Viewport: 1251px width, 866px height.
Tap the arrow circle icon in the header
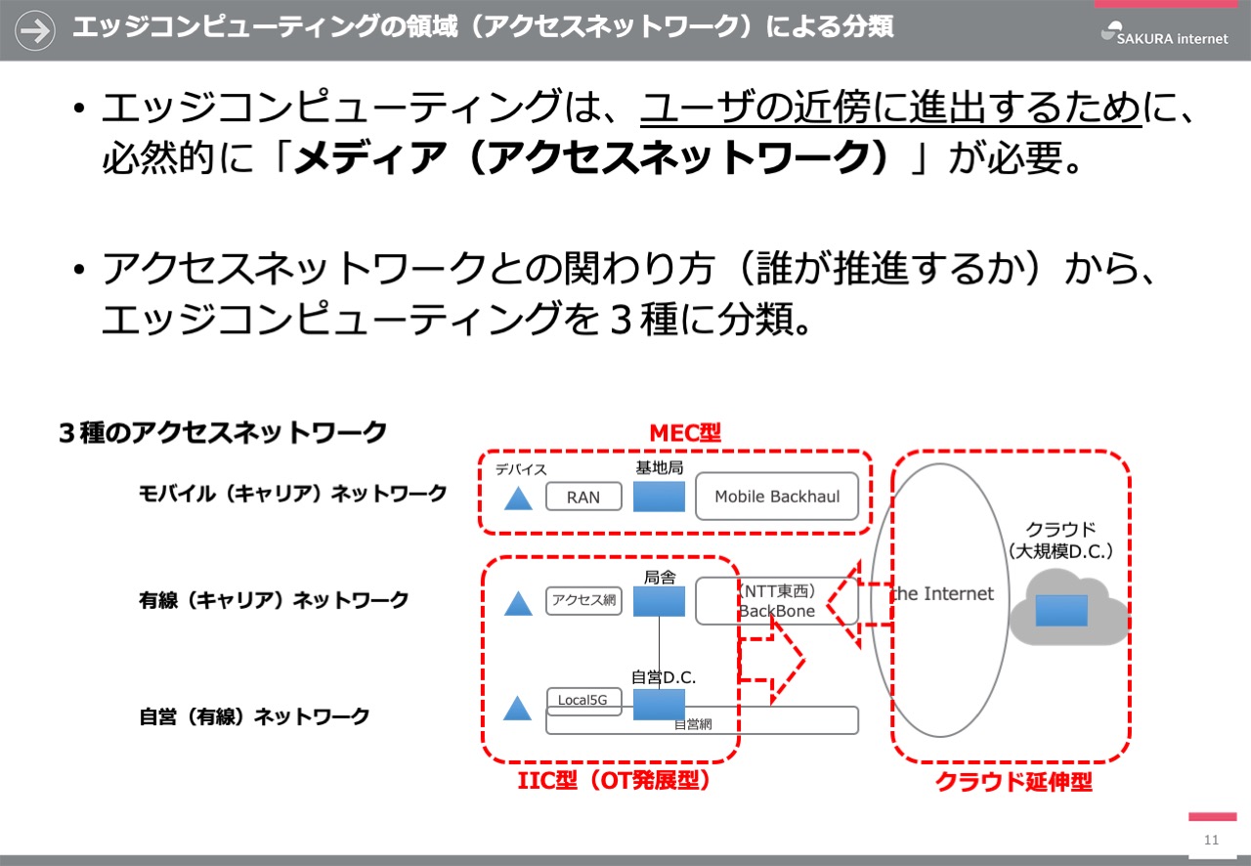34,30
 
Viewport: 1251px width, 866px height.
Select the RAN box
583,497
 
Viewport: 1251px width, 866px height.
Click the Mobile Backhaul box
777,497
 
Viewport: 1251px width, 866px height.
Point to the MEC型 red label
685,433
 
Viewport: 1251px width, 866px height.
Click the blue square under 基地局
659,497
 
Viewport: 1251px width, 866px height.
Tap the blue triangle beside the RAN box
518,498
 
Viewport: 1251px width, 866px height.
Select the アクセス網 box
583,600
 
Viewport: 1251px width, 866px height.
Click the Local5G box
583,701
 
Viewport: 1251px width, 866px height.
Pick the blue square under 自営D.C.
659,705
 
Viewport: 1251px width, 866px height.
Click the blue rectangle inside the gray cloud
1061,610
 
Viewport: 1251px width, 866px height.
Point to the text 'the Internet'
943,593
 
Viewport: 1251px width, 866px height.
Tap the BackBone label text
776,611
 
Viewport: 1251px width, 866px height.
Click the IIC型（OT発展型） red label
614,781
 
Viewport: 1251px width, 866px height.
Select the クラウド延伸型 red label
1014,782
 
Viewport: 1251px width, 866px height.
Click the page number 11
1211,840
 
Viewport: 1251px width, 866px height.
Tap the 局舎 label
660,577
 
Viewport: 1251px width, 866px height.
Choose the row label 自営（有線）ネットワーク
254,716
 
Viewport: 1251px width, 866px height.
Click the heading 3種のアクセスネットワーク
222,433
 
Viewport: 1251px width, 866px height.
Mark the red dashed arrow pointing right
772,660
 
